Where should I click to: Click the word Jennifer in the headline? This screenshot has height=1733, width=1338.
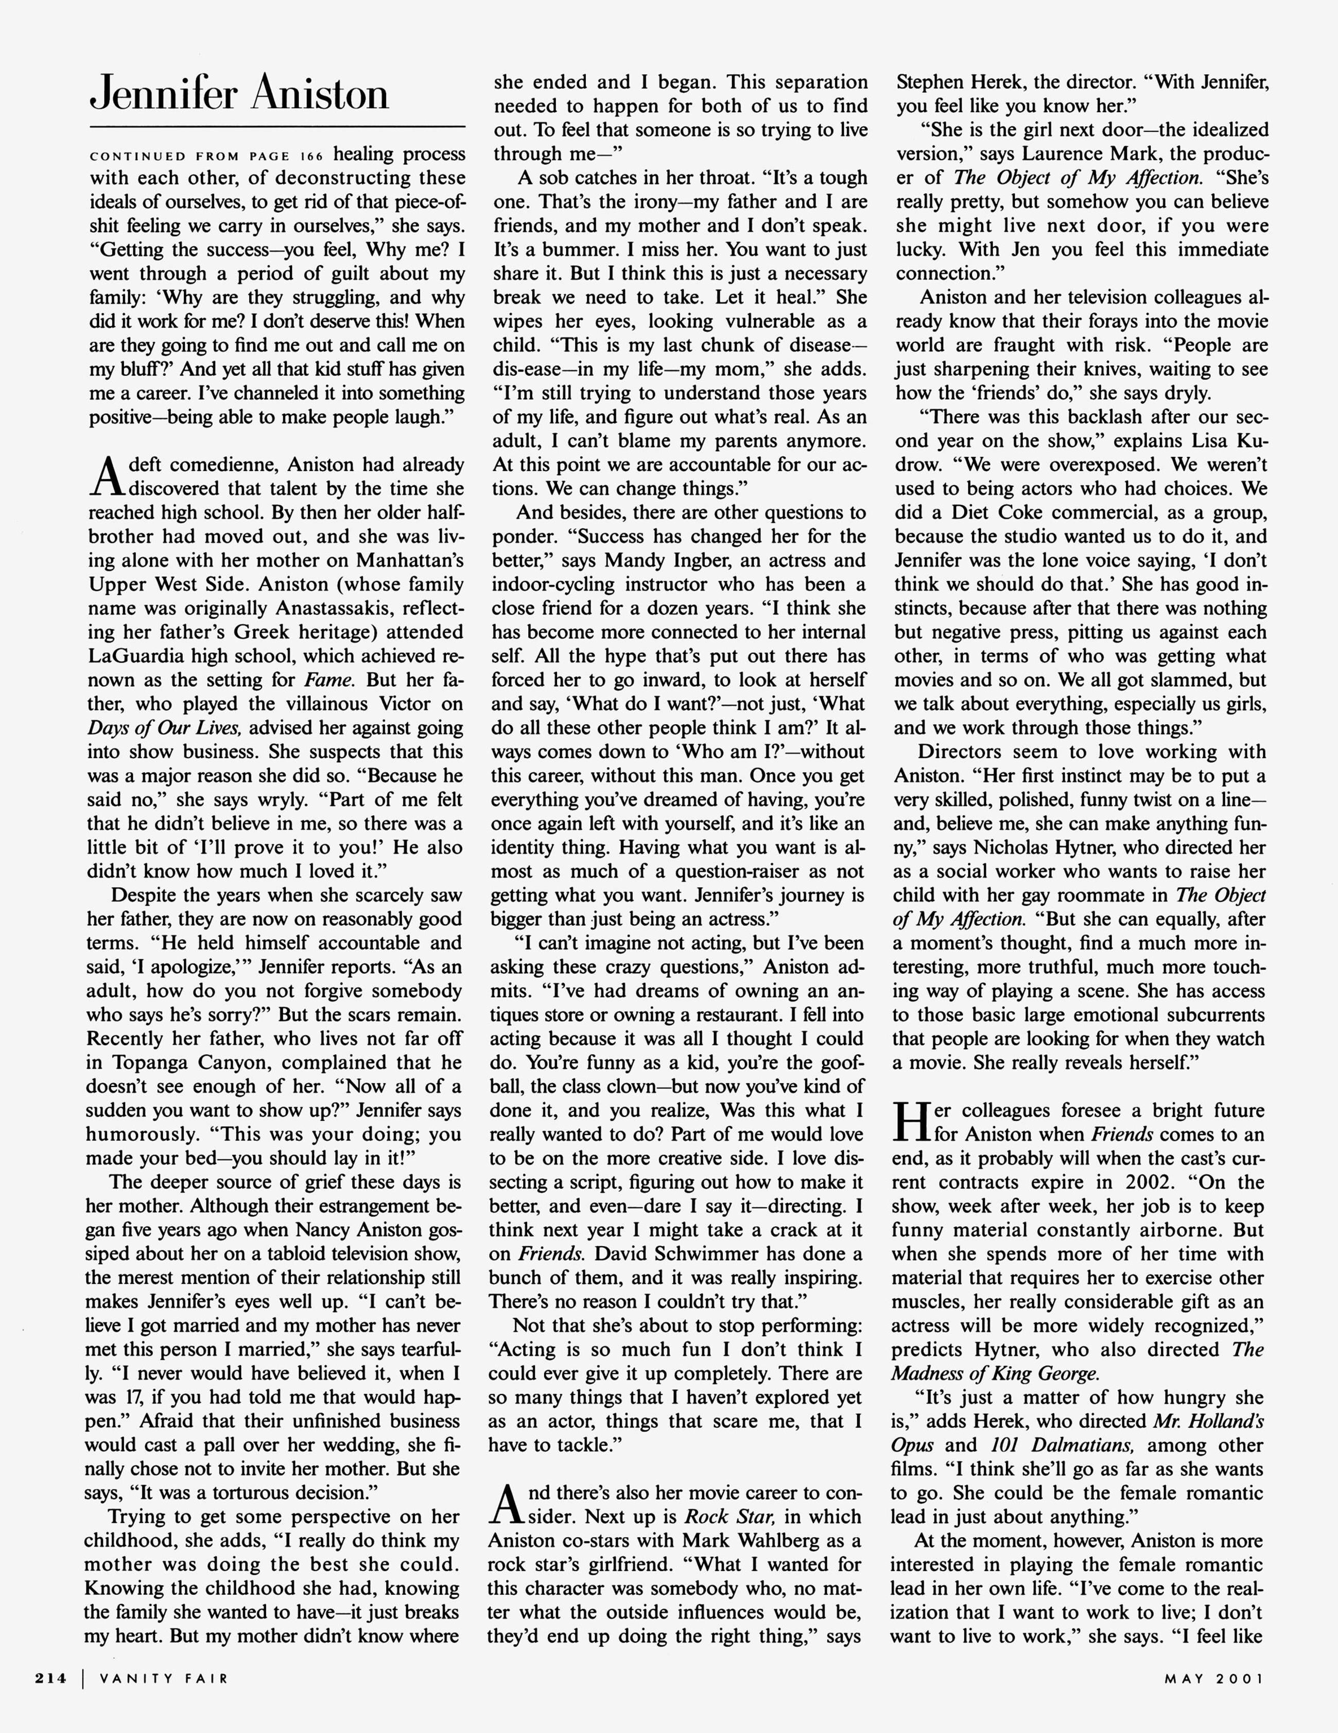pos(164,94)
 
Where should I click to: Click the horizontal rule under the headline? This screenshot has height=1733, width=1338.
pos(277,127)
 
